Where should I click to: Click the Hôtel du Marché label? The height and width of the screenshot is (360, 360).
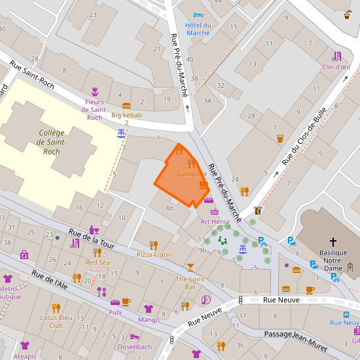pos(198,28)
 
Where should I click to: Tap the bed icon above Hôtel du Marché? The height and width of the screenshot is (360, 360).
pos(198,15)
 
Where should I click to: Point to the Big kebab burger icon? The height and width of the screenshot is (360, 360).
pos(126,105)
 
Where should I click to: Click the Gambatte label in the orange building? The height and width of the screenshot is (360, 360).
pos(192,174)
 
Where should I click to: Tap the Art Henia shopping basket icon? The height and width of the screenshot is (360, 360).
pos(214,211)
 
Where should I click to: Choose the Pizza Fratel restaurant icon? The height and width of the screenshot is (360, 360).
pos(154,245)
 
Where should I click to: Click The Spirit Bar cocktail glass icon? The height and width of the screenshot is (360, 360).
pos(190,268)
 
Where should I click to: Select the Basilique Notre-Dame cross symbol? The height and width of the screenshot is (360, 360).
pos(333,242)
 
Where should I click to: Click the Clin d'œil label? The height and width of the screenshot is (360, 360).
pos(336,66)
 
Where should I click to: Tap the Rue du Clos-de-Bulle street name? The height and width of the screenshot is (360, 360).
pos(304,135)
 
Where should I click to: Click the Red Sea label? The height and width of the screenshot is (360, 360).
pos(98,262)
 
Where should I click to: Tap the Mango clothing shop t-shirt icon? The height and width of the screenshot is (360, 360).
pos(149,309)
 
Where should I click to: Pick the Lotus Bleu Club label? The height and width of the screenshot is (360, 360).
pos(56,321)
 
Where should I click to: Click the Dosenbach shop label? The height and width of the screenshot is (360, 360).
pos(134,346)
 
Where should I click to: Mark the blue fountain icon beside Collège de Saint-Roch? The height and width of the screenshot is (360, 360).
pos(121,133)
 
